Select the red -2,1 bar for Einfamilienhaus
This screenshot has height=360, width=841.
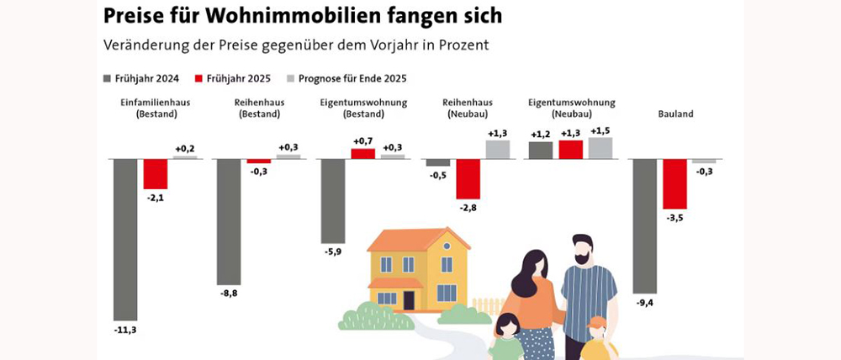click(156, 173)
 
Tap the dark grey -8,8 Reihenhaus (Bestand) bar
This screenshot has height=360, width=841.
click(229, 221)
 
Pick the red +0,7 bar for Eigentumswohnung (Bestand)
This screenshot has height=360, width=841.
click(362, 153)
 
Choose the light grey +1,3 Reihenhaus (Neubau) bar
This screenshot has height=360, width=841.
click(497, 149)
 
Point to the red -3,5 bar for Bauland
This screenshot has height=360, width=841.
click(674, 183)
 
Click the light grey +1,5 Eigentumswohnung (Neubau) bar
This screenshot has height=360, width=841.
click(600, 148)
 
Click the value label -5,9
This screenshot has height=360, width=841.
click(332, 250)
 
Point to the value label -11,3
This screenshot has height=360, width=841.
click(124, 330)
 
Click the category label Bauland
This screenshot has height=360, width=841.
click(674, 114)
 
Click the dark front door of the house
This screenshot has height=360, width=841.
click(409, 299)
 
